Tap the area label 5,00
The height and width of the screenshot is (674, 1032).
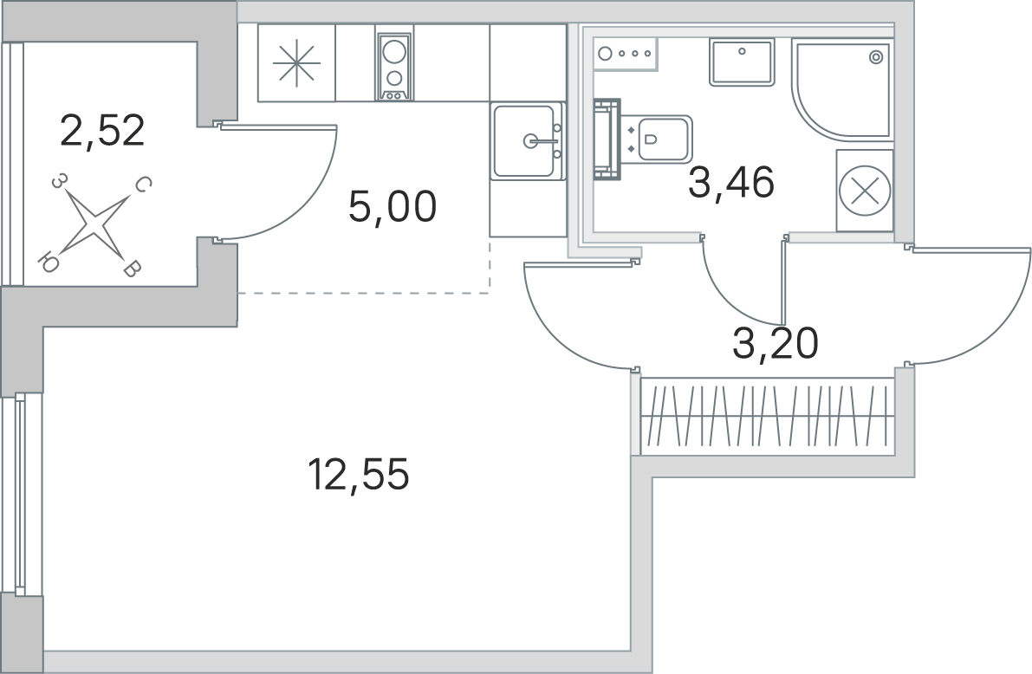[x=392, y=207]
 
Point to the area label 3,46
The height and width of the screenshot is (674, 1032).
[x=730, y=183]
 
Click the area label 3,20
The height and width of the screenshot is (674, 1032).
[x=776, y=345]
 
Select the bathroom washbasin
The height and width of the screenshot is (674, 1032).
[x=742, y=62]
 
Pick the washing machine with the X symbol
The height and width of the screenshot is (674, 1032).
[x=865, y=191]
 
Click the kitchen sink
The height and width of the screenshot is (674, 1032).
[x=525, y=140]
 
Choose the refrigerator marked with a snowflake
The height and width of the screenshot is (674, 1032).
[x=296, y=63]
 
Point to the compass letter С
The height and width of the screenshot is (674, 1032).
[x=144, y=185]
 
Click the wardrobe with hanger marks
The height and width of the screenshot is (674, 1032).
[x=766, y=416]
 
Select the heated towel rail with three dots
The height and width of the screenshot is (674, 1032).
[x=626, y=53]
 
